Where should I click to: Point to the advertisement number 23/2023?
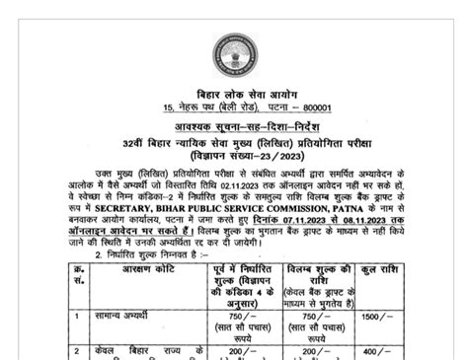(x=259, y=155)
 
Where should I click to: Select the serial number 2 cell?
(x=78, y=351)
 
